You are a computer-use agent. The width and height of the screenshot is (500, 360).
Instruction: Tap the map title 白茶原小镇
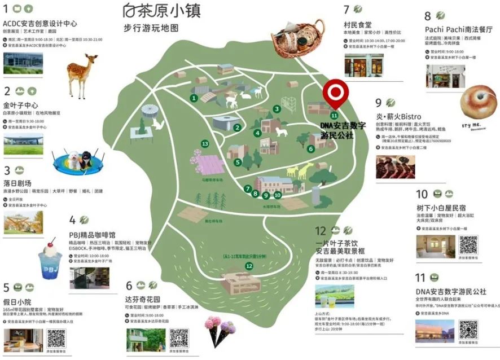point(161,10)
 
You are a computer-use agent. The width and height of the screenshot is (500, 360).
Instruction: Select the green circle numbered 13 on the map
point(204,143)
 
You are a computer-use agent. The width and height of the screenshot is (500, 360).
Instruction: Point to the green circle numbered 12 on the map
point(249,266)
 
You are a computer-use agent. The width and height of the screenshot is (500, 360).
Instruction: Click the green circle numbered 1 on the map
point(194,98)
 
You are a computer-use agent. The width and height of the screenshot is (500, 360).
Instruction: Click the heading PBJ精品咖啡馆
point(92,234)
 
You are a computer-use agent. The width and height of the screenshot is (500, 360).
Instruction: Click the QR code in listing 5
point(56,338)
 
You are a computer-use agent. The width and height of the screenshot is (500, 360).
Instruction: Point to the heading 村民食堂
point(358,25)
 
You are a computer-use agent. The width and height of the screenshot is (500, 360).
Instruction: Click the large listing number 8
point(427,16)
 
